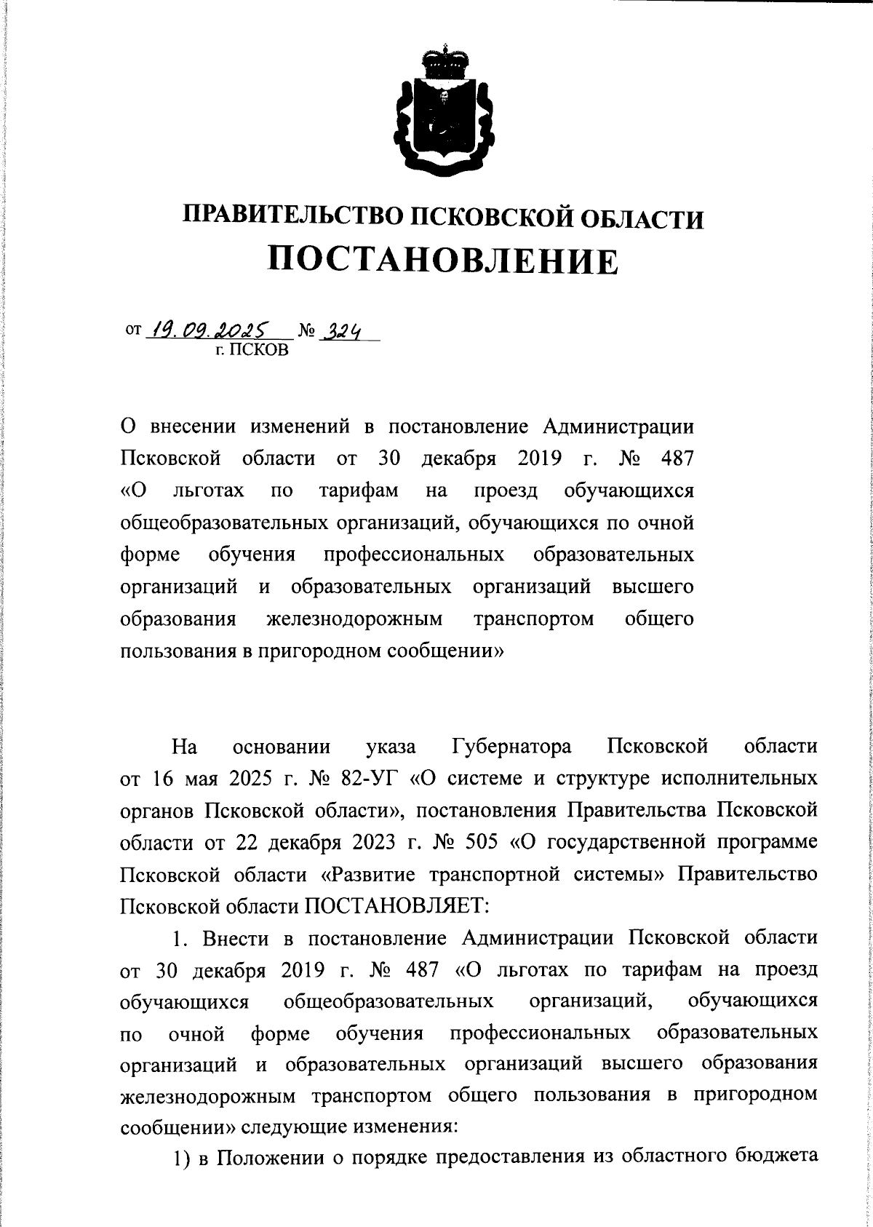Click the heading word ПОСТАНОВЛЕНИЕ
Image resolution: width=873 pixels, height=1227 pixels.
point(444,260)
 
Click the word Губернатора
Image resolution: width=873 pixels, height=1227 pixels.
point(511,747)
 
